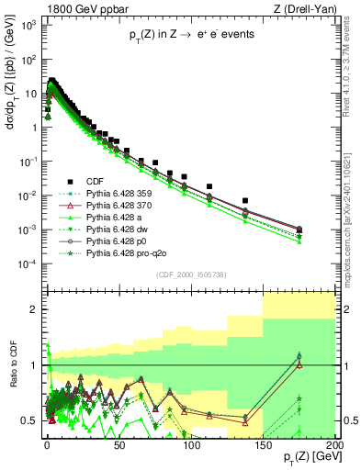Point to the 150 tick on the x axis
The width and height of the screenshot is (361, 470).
tap(263, 446)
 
